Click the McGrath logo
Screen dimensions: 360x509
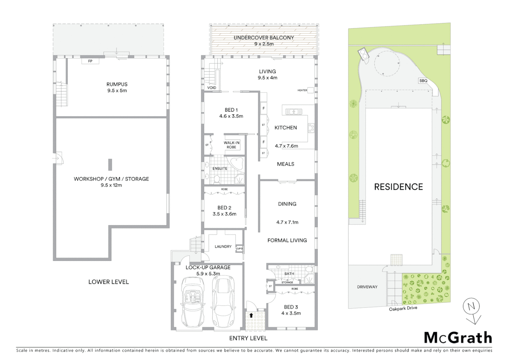click(458, 338)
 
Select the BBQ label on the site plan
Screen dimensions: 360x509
click(423, 81)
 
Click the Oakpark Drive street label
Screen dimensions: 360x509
click(403, 308)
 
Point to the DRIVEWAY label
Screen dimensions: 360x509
click(367, 287)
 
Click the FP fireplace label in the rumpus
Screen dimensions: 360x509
click(90, 61)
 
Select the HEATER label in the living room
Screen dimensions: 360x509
click(302, 90)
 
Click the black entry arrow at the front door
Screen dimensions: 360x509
click(251, 315)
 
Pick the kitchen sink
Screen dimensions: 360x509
click(293, 112)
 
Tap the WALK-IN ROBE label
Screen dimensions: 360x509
click(232, 145)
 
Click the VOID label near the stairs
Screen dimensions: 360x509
click(212, 88)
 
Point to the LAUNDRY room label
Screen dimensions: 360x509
click(223, 247)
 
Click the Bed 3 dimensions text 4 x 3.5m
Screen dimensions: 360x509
click(291, 313)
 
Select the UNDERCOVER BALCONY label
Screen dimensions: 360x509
click(263, 38)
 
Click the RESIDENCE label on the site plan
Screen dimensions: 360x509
click(398, 187)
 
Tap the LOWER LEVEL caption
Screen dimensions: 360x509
click(108, 282)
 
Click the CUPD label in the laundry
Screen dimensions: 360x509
click(239, 249)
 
